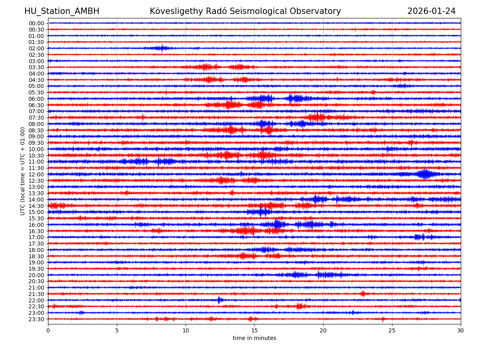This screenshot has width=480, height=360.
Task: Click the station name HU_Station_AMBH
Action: [x=62, y=11]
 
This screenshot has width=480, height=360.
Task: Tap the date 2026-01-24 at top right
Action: [x=431, y=11]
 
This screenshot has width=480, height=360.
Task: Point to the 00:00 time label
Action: [x=36, y=23]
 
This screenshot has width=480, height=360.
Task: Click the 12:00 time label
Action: [x=36, y=174]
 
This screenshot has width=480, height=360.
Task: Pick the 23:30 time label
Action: [x=36, y=319]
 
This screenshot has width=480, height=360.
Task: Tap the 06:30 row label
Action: [x=36, y=105]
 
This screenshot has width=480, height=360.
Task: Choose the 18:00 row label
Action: [x=36, y=250]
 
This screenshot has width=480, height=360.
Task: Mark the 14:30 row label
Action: [x=36, y=206]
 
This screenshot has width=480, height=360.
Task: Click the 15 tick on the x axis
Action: [x=254, y=331]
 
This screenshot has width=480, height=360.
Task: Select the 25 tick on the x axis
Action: [x=392, y=331]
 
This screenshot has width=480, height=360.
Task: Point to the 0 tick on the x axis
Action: [x=48, y=331]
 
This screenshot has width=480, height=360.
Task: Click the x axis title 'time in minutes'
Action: [x=254, y=338]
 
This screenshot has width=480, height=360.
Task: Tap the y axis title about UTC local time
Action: [x=23, y=171]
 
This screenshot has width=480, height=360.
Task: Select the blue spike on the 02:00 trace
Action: [x=162, y=48]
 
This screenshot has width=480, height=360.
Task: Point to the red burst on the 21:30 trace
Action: [x=363, y=294]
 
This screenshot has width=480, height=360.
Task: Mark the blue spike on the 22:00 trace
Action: [x=219, y=300]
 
